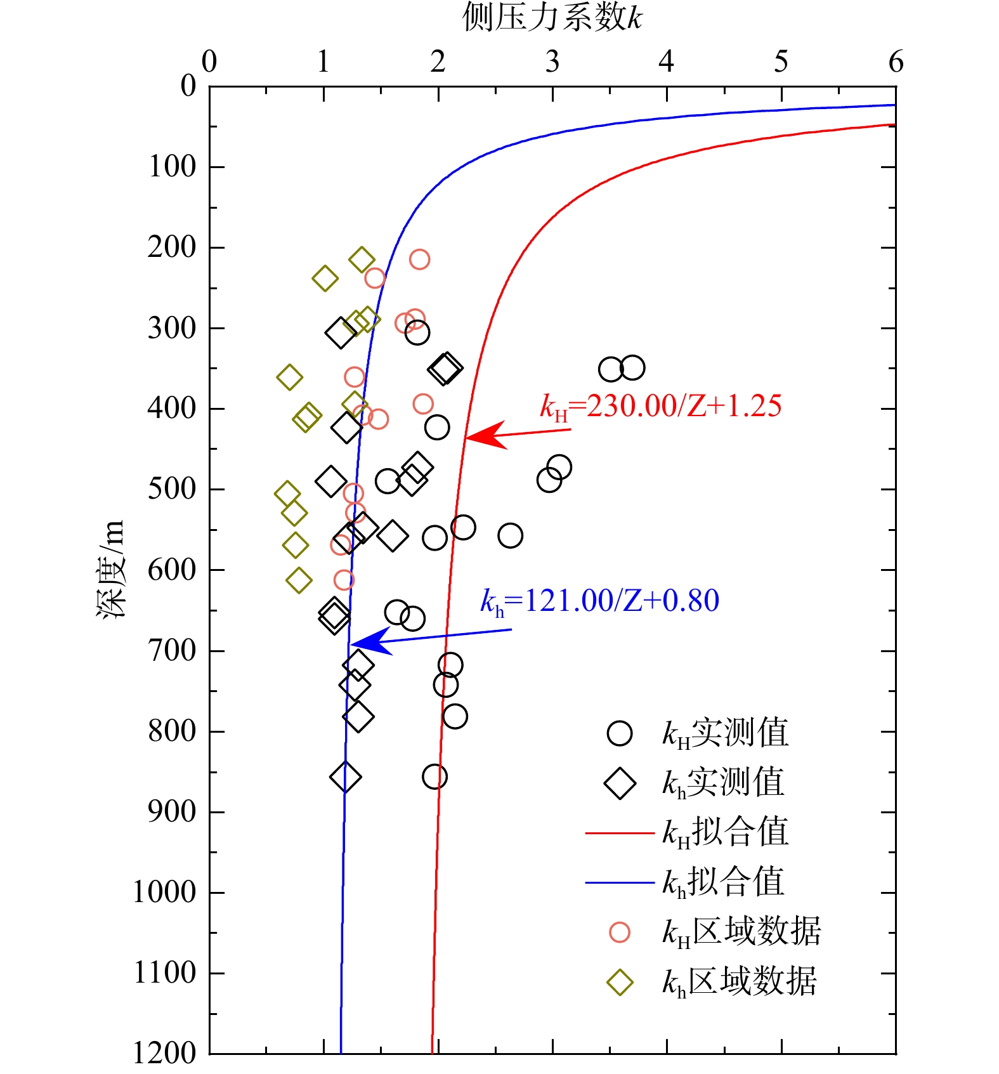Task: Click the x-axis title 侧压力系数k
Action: coord(552,17)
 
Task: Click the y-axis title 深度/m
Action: coord(112,569)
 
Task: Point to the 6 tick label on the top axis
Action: coord(896,62)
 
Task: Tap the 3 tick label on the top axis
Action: coord(552,62)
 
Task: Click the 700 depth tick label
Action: coord(172,651)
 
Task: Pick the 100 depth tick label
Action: coord(172,167)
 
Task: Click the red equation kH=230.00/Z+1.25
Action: coord(660,407)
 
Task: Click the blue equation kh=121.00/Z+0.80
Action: coord(599,601)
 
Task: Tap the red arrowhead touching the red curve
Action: coord(482,436)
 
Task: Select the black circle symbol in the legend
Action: coord(620,733)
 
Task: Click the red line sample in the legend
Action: coord(619,832)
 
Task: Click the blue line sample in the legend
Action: coord(619,882)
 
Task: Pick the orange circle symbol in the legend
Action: coord(620,932)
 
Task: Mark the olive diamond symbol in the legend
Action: coord(620,982)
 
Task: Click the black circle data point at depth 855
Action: coord(434,776)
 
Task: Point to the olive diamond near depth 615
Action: coord(299,580)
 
